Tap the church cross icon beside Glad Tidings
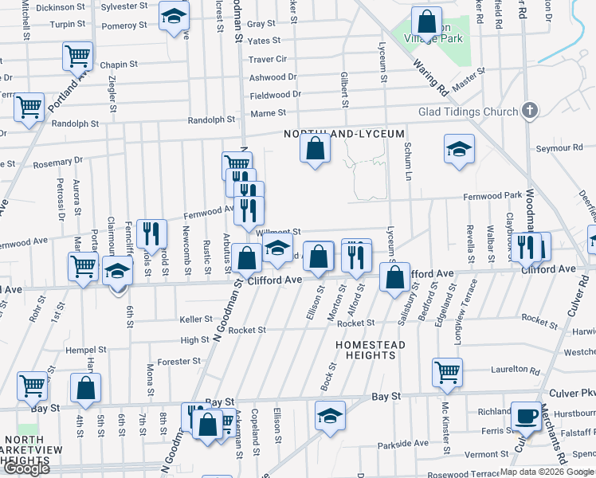click(531, 112)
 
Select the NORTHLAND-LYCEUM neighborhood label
click(345, 134)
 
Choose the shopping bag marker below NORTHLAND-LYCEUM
click(316, 148)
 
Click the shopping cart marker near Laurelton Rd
click(448, 371)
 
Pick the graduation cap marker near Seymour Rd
click(459, 150)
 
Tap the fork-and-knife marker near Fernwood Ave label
click(151, 233)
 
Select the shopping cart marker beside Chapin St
click(78, 57)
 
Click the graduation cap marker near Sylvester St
click(174, 17)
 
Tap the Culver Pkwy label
click(572, 394)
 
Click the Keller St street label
click(196, 319)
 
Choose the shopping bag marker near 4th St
click(86, 389)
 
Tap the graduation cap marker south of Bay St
click(329, 416)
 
